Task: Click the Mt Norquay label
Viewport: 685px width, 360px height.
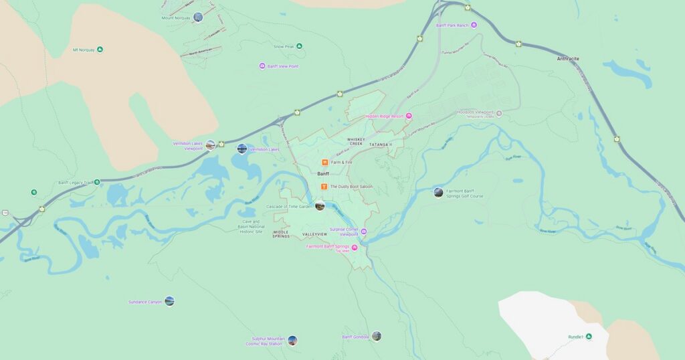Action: click(x=84, y=50)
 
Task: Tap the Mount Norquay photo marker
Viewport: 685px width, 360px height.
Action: click(x=197, y=17)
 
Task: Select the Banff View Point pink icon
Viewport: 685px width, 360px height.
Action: click(x=263, y=66)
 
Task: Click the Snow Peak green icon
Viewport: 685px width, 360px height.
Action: click(x=299, y=46)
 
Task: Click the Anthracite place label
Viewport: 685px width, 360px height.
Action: click(x=568, y=59)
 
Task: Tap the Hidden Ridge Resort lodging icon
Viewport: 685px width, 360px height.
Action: click(x=409, y=116)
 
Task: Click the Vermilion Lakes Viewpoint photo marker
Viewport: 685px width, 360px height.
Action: click(x=211, y=145)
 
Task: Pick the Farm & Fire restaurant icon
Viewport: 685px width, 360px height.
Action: click(x=324, y=162)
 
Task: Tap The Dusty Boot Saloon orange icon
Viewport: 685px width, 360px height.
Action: click(x=324, y=186)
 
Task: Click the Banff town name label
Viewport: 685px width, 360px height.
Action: click(x=323, y=173)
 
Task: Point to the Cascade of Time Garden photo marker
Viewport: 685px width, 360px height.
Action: click(x=320, y=205)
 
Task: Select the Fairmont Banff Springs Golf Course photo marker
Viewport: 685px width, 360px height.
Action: click(x=438, y=193)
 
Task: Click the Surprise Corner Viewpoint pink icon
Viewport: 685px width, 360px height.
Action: click(x=364, y=232)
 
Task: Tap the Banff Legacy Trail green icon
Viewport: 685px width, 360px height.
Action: click(x=97, y=182)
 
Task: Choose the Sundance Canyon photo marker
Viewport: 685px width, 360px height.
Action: click(x=169, y=301)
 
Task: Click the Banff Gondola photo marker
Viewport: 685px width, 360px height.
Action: click(x=377, y=336)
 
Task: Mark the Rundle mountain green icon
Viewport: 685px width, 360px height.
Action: click(x=589, y=337)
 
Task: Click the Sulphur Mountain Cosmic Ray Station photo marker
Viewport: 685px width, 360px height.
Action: click(x=292, y=341)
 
